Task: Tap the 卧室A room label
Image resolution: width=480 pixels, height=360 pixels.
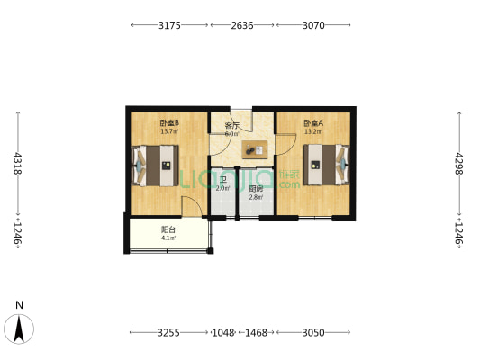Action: (x=312, y=123)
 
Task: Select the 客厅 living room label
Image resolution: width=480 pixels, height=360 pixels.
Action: (x=231, y=125)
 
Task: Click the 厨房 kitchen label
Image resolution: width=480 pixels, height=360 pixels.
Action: (x=257, y=188)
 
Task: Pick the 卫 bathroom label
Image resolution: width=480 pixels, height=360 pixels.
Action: (x=222, y=180)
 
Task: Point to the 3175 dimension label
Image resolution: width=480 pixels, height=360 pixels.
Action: (x=170, y=26)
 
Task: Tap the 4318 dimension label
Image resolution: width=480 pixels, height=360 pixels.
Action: (x=17, y=165)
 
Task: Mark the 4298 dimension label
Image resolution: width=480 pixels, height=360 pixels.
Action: (x=459, y=165)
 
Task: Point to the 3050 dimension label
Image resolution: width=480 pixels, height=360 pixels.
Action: (x=312, y=332)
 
